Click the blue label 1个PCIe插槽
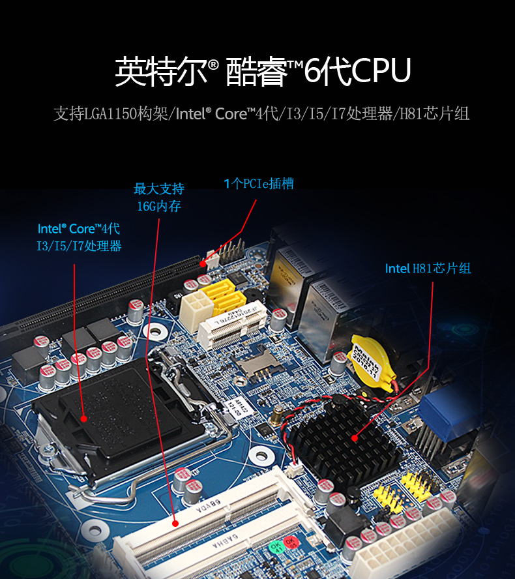(x=259, y=184)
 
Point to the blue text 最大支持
(x=159, y=189)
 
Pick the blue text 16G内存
(x=159, y=207)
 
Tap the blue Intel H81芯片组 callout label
(x=428, y=269)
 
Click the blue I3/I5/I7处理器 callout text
(x=79, y=246)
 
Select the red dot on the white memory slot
(x=175, y=522)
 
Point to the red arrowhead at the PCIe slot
(x=204, y=263)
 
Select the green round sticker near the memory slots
(x=276, y=546)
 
